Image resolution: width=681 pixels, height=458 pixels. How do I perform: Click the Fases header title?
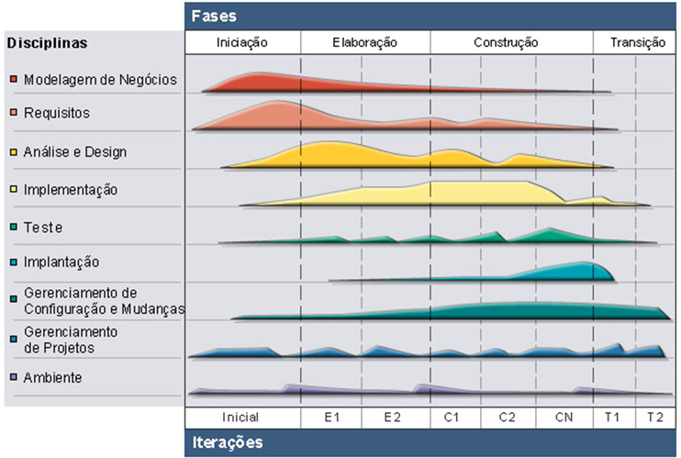coord(214,16)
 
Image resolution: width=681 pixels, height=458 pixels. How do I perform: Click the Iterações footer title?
coord(228,442)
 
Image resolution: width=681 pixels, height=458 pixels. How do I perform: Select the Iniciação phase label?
coord(243,43)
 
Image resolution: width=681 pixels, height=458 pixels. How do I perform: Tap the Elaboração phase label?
coord(365,43)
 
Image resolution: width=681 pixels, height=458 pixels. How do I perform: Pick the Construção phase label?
coord(506,43)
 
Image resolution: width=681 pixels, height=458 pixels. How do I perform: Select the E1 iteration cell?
coord(331,417)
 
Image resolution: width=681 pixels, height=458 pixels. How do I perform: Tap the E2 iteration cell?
coord(392,417)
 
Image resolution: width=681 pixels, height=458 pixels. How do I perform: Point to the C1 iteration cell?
coord(452,417)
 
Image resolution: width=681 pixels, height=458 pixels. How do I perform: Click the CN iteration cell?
coord(564,417)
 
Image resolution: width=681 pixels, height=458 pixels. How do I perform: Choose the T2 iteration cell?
coord(653,417)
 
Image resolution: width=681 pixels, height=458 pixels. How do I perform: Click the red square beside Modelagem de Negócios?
coord(13,79)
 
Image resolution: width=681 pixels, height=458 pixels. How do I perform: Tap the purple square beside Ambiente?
coord(13,377)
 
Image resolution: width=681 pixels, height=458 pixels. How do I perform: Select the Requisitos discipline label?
coord(57,113)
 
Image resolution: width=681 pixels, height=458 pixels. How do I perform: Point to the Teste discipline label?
coord(43,227)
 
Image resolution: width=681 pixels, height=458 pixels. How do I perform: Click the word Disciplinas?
coord(47,43)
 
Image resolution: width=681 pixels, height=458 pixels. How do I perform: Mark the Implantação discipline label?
coord(61,263)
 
